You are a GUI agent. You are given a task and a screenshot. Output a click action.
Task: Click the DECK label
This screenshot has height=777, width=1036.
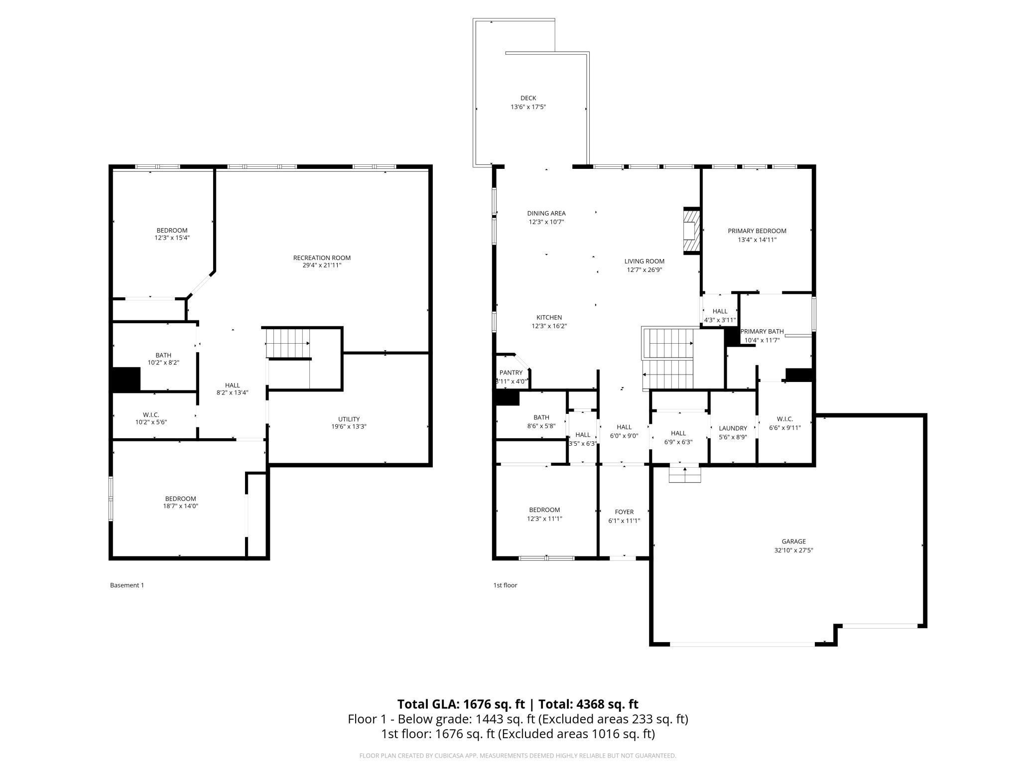(x=528, y=98)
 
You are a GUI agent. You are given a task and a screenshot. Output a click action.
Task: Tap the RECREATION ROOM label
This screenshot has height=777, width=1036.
(x=322, y=258)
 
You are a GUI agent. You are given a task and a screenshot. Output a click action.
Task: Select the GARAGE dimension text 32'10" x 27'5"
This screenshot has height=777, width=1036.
(x=793, y=550)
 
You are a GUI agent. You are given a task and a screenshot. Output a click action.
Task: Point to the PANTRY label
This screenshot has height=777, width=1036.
(x=511, y=373)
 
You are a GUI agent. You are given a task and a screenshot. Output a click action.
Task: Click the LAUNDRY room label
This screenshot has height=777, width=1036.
(x=733, y=428)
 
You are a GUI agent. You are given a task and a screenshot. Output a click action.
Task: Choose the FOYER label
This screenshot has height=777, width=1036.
(x=624, y=512)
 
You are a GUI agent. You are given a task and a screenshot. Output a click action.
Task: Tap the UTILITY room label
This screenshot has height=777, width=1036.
(x=349, y=419)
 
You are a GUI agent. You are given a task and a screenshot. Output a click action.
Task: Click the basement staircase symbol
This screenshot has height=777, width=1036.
(x=288, y=344)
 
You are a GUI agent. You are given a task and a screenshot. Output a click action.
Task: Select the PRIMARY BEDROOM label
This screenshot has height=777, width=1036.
(x=757, y=231)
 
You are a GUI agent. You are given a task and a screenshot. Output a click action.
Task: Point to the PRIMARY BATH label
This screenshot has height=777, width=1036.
(x=762, y=332)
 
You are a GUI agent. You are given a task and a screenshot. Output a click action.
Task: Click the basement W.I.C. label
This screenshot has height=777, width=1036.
(x=151, y=415)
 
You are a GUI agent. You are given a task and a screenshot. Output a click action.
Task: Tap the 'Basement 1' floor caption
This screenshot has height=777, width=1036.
(x=127, y=585)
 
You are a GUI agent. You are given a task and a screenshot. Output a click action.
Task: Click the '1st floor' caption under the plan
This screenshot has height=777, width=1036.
(x=505, y=585)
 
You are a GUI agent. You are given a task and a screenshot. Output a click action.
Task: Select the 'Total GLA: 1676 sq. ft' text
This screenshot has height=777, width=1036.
(x=461, y=704)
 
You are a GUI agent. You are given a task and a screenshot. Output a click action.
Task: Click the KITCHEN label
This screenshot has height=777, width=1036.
(x=549, y=318)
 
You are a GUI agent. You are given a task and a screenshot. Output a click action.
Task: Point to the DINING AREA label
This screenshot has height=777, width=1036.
(x=546, y=214)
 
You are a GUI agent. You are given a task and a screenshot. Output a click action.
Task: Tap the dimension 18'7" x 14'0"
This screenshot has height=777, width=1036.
(x=180, y=506)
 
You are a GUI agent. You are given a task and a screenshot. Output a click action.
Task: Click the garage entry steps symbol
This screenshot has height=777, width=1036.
(x=685, y=474)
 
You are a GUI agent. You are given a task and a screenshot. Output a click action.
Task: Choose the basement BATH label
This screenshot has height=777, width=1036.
(x=163, y=356)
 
